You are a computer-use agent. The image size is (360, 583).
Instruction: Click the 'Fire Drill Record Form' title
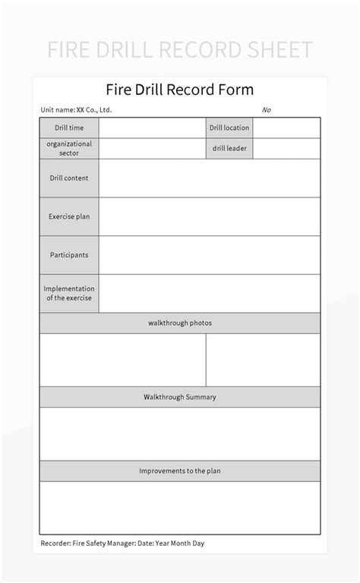point(180,90)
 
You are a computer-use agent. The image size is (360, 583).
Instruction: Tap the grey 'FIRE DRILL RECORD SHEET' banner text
point(180,50)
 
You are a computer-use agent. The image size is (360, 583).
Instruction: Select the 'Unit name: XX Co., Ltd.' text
point(76,110)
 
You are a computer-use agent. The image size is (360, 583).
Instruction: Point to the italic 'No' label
point(267,110)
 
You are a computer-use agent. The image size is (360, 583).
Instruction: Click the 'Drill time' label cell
point(69,128)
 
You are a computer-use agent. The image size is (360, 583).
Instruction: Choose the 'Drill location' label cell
point(229,128)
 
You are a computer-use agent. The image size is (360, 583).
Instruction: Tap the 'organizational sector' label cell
point(69,148)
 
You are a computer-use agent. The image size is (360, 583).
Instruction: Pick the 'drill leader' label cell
point(229,148)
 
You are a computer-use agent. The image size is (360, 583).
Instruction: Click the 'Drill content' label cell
point(69,178)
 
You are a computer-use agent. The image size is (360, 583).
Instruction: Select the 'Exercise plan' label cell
point(69,216)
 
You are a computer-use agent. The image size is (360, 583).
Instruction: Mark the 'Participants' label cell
point(69,255)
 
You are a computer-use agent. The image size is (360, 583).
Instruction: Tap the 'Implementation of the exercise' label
point(69,293)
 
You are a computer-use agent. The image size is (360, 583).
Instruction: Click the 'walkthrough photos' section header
point(180,323)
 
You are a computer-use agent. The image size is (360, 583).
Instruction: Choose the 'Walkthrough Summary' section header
point(180,397)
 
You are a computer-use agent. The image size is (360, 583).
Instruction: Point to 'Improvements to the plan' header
point(180,471)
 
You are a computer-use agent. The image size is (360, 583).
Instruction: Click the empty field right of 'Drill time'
point(152,128)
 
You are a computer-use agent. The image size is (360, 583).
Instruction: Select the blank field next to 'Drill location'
point(286,128)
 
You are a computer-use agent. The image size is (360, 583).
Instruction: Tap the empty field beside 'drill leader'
point(286,148)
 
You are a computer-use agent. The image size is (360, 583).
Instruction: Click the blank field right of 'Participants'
point(210,255)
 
